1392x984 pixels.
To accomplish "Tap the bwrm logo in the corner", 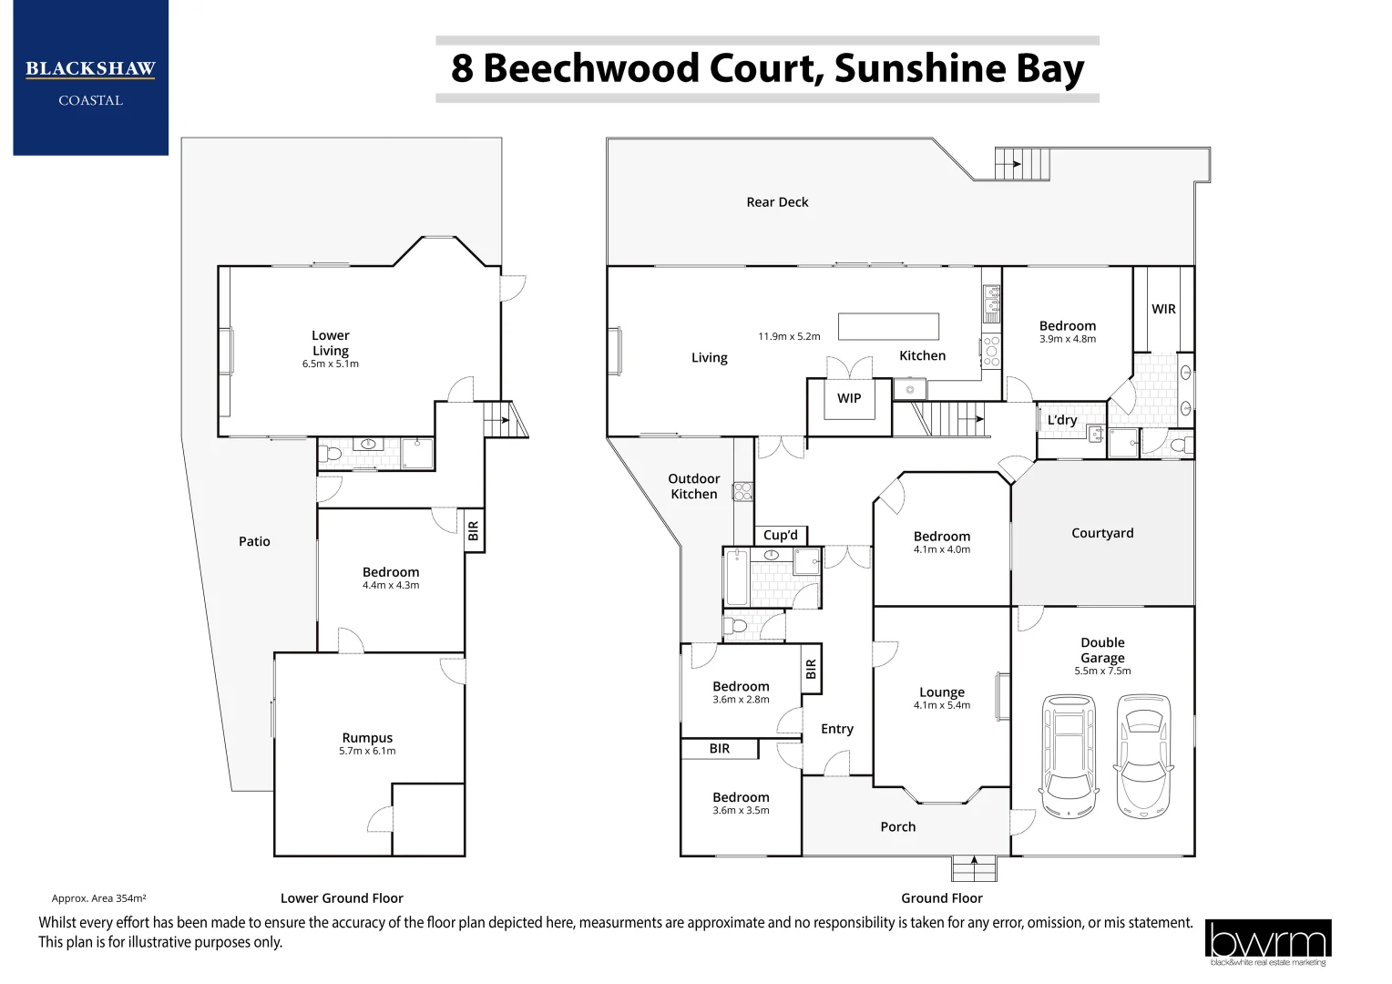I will coord(1267,942).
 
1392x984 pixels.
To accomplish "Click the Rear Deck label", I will coord(777,202).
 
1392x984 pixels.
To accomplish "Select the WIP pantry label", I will coord(849,398).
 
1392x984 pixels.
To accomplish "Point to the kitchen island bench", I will coord(888,326).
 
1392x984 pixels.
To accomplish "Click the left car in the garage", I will coord(1069,755).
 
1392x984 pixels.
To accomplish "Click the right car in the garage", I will coord(1143,755).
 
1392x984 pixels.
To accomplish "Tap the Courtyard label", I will coord(1102,533).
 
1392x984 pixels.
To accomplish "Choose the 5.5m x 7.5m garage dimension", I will coord(1102,671).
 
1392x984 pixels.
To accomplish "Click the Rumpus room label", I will coord(367,738).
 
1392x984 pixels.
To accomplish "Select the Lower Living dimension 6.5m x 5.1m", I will coord(331,364).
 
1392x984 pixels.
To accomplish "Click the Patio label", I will coord(254,541).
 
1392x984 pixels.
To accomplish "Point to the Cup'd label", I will coord(781,535).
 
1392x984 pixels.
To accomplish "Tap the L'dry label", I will coord(1062,420).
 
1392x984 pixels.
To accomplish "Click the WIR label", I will coord(1163,309).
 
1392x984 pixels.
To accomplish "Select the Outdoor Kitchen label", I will coord(694,487).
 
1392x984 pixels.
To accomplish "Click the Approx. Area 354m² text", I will coord(99,898).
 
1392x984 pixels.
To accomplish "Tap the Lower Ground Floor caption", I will coord(342,898).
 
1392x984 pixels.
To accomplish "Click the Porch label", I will coord(897,827).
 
